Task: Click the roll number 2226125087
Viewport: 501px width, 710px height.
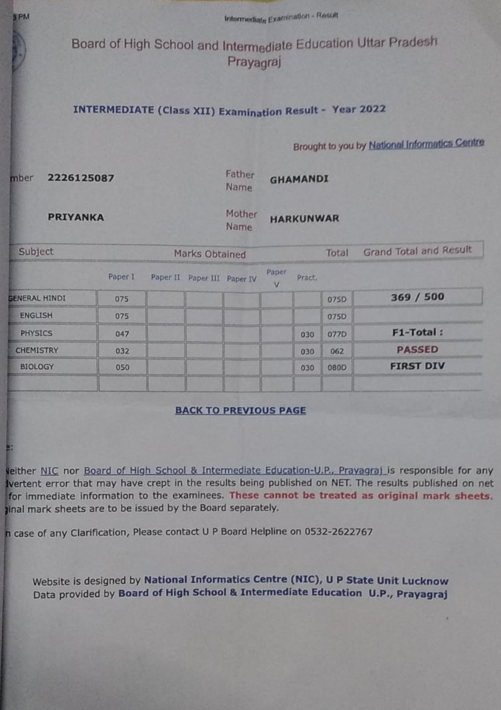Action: click(81, 178)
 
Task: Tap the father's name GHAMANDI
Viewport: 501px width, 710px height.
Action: click(299, 180)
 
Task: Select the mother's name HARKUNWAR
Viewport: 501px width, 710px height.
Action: click(304, 219)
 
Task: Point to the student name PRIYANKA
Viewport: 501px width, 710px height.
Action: click(76, 217)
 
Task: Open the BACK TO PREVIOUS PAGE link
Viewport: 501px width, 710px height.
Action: click(241, 411)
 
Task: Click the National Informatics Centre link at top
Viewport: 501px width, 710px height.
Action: click(426, 144)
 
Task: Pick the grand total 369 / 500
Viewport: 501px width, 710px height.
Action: click(417, 297)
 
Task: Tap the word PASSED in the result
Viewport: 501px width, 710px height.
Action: click(417, 349)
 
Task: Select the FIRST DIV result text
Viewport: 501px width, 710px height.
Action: click(417, 366)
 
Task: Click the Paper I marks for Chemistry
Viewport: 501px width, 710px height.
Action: click(122, 351)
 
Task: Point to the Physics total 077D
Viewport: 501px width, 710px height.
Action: click(337, 334)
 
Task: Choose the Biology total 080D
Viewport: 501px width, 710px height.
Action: click(337, 368)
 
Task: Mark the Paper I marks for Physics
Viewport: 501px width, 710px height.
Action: click(122, 334)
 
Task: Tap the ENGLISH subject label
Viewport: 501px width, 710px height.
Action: click(36, 315)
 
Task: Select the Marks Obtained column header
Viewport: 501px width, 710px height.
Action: click(210, 254)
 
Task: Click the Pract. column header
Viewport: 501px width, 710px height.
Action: click(307, 278)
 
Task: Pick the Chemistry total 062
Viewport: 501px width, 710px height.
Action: click(337, 351)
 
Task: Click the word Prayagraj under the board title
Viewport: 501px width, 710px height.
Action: click(254, 61)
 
